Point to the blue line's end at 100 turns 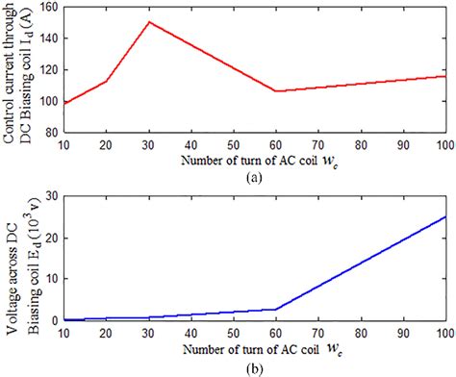point(445,216)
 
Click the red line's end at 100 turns point(445,76)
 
